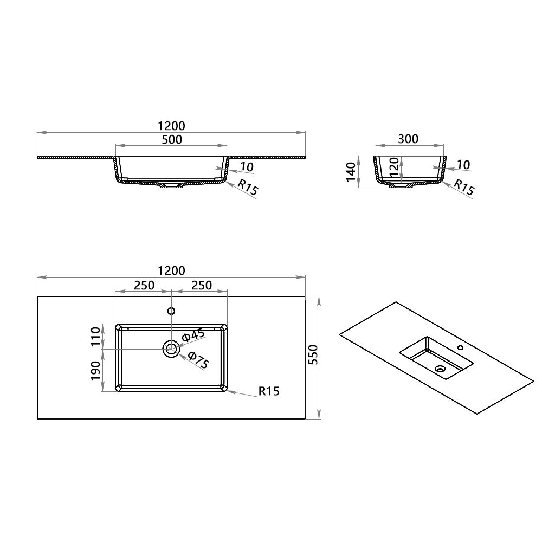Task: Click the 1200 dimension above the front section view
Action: click(x=171, y=126)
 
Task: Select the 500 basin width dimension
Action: click(x=171, y=139)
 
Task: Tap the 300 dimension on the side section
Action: click(x=408, y=139)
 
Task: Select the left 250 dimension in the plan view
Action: click(x=144, y=285)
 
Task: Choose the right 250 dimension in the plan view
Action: click(x=201, y=285)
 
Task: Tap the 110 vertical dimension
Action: click(x=96, y=337)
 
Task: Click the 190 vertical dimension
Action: click(x=96, y=370)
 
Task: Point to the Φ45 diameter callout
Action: click(x=193, y=335)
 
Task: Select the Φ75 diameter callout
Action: click(x=198, y=360)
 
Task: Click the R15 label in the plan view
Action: click(x=269, y=391)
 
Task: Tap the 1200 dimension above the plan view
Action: click(x=171, y=270)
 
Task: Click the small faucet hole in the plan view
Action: click(x=171, y=311)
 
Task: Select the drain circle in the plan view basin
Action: click(x=171, y=349)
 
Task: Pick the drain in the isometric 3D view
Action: click(x=440, y=369)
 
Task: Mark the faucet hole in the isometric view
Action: click(x=460, y=347)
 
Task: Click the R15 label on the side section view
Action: click(x=463, y=187)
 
